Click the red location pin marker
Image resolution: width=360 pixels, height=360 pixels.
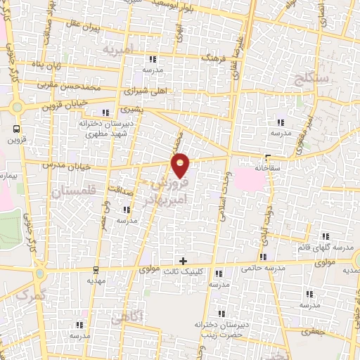pyautogui.click(x=181, y=167)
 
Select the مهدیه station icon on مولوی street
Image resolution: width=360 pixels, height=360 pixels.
pyautogui.click(x=96, y=269)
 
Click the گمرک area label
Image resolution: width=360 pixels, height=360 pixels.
pyautogui.click(x=28, y=295)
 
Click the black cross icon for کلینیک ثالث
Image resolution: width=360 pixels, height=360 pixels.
pyautogui.click(x=184, y=260)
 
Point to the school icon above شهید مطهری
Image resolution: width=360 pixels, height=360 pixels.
pyautogui.click(x=106, y=112)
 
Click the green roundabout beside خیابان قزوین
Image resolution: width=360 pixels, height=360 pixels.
pyautogui.click(x=18, y=108)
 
